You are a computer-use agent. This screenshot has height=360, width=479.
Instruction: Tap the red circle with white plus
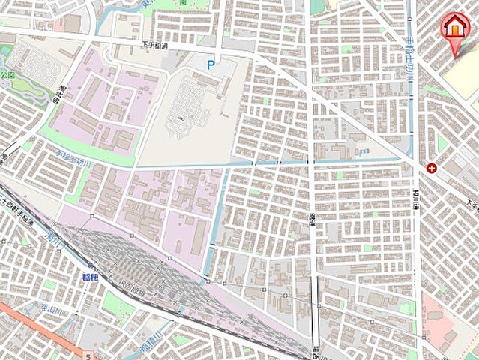coord(432,168)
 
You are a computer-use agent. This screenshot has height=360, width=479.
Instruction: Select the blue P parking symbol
coord(211,66)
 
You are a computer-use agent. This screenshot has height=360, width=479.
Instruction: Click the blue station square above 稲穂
coord(90,265)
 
